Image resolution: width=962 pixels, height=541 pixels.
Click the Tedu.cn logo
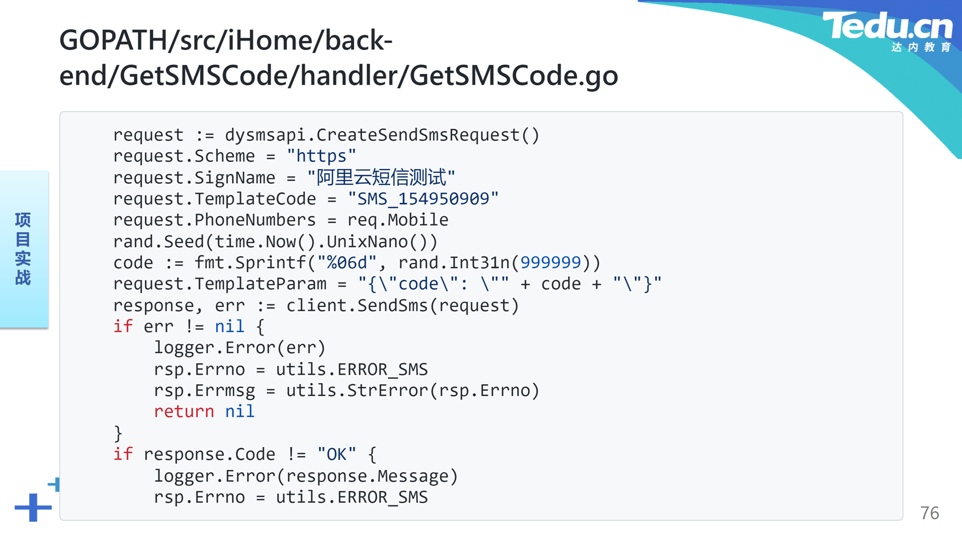pos(887,31)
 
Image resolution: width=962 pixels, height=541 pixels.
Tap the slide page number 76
pos(929,513)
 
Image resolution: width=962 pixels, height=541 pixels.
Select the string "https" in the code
pos(321,156)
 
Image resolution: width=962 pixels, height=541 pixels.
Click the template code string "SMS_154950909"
pos(423,199)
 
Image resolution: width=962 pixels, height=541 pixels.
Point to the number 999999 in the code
pos(551,262)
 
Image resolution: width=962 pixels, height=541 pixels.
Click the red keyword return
pos(184,411)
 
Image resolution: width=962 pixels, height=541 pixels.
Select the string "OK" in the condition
pos(337,454)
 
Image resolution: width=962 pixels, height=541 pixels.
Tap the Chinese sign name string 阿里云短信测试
pos(381,177)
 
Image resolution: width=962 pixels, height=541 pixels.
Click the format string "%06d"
pos(347,262)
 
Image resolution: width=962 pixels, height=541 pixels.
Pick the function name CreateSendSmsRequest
pos(418,135)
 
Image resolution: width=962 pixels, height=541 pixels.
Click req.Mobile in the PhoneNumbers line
pos(398,220)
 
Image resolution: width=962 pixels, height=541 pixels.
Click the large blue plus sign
pos(33,507)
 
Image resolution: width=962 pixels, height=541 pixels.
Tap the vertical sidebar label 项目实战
pos(23,249)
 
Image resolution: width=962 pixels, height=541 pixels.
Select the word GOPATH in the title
pos(114,40)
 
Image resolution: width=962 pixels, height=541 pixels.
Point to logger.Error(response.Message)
pos(306,476)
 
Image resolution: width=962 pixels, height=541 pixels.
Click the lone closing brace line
pos(118,433)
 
